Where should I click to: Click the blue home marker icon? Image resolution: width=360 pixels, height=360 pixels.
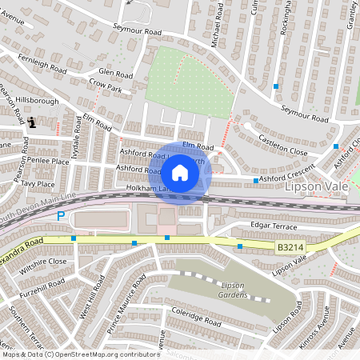pos(180,172)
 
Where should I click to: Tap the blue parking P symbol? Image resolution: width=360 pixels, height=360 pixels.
pos(60,216)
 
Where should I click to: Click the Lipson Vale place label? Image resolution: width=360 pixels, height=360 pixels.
pos(318,186)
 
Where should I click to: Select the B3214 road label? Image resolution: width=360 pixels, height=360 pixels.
pos(290,249)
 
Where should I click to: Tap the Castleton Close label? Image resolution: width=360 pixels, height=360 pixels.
pos(282,144)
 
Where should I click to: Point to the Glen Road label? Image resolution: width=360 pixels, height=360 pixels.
pos(114,72)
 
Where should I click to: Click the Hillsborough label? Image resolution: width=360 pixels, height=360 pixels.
pos(37,102)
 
